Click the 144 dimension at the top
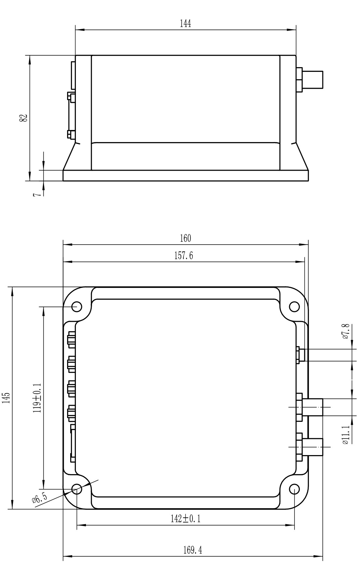pyautogui.click(x=185, y=24)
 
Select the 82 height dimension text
pyautogui.click(x=23, y=118)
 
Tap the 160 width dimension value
pyautogui.click(x=185, y=238)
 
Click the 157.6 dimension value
pyautogui.click(x=184, y=256)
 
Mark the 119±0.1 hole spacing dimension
pyautogui.click(x=37, y=398)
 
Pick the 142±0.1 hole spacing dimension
pyautogui.click(x=186, y=519)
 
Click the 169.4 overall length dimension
pyautogui.click(x=193, y=550)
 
